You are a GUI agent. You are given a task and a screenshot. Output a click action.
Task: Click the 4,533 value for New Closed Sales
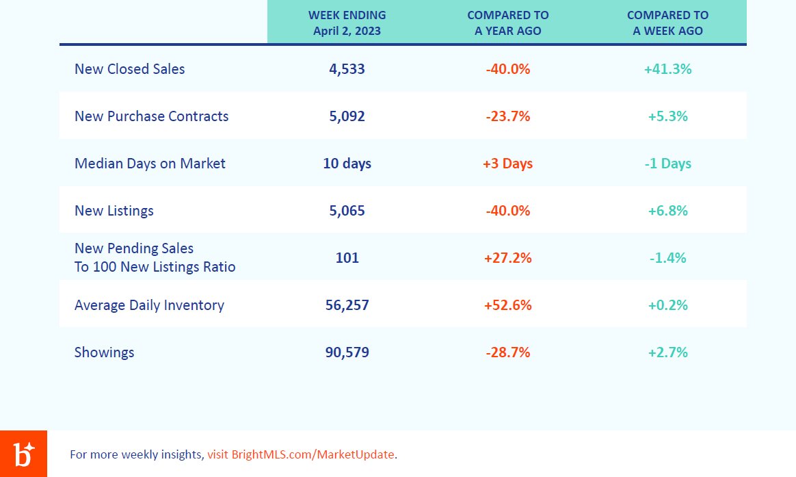(347, 69)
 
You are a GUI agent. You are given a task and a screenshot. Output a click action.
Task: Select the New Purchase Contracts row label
(151, 116)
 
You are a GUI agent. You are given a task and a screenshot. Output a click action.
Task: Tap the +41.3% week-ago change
(667, 69)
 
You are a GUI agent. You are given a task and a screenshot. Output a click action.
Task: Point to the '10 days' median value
(347, 164)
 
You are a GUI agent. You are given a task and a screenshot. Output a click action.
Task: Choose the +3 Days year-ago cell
(507, 164)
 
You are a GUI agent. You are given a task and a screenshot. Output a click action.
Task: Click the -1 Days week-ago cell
(667, 164)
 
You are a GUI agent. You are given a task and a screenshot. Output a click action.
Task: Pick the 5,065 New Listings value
(347, 211)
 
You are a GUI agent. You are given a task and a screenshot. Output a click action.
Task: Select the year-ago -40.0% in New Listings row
(507, 211)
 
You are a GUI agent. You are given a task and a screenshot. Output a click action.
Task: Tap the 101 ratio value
(347, 258)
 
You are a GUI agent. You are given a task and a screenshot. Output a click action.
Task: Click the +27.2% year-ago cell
(507, 258)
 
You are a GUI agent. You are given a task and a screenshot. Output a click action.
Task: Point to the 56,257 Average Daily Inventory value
(347, 305)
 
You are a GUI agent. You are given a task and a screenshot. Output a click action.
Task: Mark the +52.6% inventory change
(507, 305)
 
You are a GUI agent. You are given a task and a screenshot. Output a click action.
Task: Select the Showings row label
(104, 352)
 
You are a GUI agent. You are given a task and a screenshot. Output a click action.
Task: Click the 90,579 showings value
(347, 352)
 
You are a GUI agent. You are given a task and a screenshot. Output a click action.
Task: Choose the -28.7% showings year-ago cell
(507, 352)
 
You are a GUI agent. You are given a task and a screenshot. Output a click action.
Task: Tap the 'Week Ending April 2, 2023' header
(347, 23)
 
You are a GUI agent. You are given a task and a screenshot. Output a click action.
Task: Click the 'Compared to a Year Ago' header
(507, 23)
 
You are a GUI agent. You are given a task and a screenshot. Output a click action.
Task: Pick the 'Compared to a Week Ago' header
(667, 23)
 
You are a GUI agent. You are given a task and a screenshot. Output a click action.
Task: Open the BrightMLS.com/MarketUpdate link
(313, 454)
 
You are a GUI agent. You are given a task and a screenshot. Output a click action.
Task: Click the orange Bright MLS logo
(23, 454)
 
